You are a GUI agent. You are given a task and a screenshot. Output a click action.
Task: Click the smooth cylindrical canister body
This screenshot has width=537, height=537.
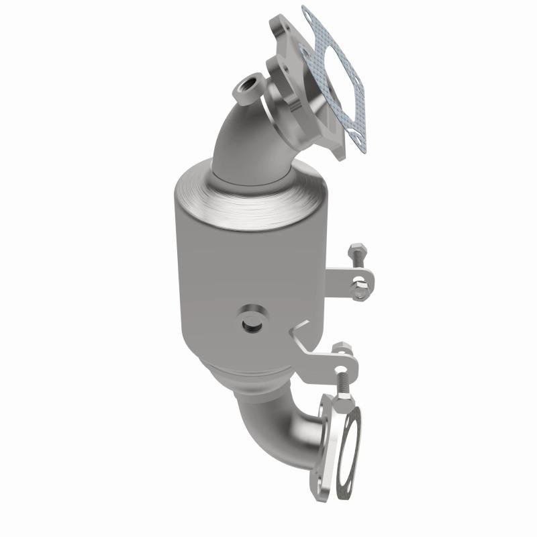tap(222, 282)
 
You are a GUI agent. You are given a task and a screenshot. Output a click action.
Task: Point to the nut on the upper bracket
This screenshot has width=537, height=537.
tap(360, 291)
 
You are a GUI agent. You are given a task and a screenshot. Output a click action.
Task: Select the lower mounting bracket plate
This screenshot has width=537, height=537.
tap(322, 362)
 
